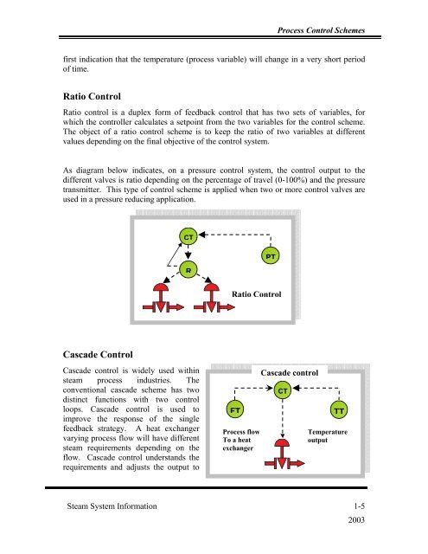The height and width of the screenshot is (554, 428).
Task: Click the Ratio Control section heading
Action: pos(92,96)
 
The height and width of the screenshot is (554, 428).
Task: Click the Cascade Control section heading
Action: pos(98,355)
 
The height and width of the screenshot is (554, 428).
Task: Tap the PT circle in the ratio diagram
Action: pos(271,256)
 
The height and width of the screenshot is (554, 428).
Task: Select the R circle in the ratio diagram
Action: pos(188,270)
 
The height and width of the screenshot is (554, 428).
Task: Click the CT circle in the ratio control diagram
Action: pos(188,236)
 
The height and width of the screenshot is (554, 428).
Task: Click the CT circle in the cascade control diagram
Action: pos(283,390)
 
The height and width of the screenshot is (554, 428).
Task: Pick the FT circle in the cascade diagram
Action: pos(235,409)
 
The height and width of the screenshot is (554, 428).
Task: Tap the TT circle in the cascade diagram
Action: pos(339,410)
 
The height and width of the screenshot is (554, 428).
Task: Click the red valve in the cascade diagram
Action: pos(284,454)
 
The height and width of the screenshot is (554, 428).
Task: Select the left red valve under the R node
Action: pos(163,298)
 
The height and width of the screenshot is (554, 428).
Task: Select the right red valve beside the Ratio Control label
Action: pos(214,298)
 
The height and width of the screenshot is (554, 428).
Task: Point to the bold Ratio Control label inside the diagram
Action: pos(257,294)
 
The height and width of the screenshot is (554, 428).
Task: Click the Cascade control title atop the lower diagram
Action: pos(290,373)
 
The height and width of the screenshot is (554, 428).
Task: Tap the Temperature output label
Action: pos(328,436)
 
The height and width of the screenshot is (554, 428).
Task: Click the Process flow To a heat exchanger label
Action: pos(241,440)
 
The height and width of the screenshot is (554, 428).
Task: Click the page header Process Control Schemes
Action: pos(321,30)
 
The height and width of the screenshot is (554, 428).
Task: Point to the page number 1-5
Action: pos(359,506)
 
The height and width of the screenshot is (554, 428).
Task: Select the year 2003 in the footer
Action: pos(356,519)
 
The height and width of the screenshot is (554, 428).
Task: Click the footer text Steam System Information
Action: pos(112,506)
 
